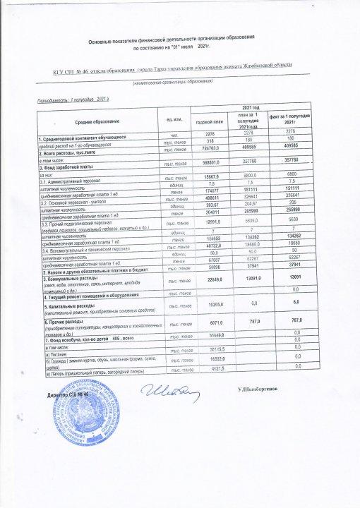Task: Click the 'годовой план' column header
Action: [210, 121]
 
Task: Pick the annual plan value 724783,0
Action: [212, 148]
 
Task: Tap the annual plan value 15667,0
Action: [212, 176]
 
